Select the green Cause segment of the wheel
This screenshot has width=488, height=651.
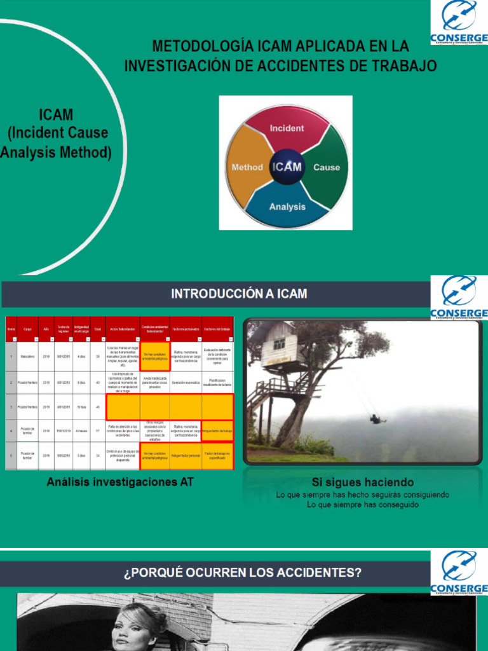click(327, 167)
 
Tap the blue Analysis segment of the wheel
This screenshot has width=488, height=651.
click(287, 205)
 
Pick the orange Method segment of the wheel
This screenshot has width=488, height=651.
click(247, 167)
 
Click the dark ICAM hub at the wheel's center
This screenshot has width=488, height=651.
click(287, 167)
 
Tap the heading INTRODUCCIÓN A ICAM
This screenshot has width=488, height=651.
click(238, 293)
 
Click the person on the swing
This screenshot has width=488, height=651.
click(376, 419)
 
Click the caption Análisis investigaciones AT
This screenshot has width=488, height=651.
click(120, 482)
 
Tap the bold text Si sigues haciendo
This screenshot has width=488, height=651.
click(362, 482)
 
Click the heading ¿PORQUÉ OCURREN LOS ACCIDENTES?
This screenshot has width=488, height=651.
click(243, 573)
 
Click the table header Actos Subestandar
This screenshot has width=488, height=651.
click(122, 329)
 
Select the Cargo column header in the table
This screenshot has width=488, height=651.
click(28, 329)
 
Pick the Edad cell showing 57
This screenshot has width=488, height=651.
click(98, 431)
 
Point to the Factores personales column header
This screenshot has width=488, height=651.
click(186, 329)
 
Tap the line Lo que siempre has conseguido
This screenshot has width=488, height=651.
click(362, 504)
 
